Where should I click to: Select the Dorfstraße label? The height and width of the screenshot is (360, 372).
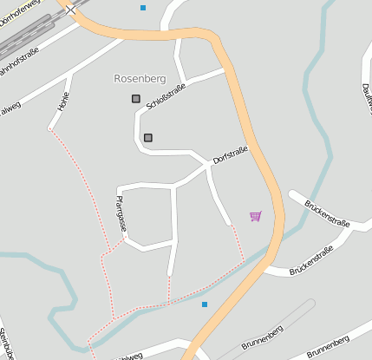tap(231, 155)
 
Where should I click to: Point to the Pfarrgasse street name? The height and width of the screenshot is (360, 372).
tap(121, 213)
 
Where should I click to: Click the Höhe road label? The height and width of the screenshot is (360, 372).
tap(63, 101)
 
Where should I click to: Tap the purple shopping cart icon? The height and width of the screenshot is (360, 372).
tap(255, 215)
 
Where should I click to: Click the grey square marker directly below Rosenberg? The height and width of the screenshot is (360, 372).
tap(136, 99)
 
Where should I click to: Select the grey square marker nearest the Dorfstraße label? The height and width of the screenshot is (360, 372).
tap(148, 137)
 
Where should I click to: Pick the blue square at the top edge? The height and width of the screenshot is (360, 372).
tap(143, 8)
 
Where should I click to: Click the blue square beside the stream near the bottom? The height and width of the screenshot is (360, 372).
tap(205, 304)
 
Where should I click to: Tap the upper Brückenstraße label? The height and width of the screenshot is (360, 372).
tap(327, 213)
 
